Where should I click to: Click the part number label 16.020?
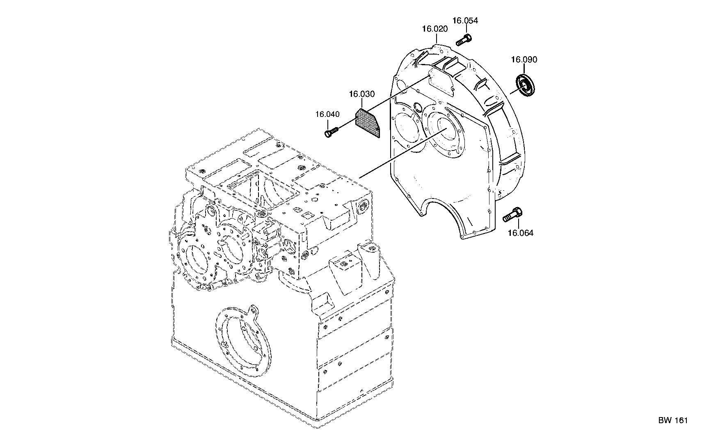pos(435,29)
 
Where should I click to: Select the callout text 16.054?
pos(465,21)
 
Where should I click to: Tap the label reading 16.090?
pos(524,60)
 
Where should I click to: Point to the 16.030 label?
pos(362,94)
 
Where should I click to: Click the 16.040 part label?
pos(328,114)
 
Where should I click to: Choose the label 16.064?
pos(521,233)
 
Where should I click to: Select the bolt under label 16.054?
pos(464,41)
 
